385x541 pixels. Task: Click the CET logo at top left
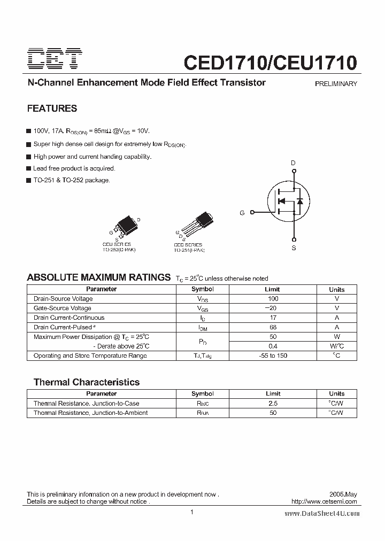(55, 59)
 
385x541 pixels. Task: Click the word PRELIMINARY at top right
(336, 84)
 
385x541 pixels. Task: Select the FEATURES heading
(52, 109)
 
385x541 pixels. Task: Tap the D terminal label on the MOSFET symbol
(293, 163)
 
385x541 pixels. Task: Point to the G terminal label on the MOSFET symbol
(242, 213)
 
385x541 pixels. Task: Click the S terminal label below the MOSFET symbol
(294, 248)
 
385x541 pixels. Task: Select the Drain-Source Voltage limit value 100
(273, 299)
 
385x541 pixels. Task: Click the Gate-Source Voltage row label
(63, 308)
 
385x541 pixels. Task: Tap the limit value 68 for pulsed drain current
(273, 327)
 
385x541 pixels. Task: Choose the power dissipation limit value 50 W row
(273, 337)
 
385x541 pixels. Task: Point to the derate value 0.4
(273, 346)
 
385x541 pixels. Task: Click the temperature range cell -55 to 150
(273, 356)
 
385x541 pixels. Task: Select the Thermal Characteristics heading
(87, 382)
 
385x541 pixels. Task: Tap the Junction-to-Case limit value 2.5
(273, 404)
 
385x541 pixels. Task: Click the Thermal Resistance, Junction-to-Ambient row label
(91, 413)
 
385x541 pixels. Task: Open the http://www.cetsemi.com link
(325, 502)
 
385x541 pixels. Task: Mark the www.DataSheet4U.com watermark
(322, 513)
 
